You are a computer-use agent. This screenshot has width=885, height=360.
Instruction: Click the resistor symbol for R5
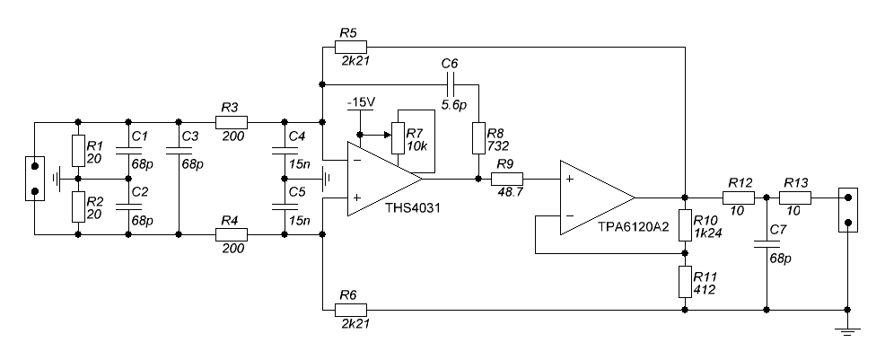[x=351, y=47]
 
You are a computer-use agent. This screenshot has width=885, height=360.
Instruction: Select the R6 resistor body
[x=351, y=310]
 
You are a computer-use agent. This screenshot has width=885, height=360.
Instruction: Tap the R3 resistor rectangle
[x=232, y=122]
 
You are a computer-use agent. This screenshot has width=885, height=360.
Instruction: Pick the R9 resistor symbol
[x=507, y=179]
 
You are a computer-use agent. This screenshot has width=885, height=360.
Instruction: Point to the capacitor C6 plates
[x=450, y=84]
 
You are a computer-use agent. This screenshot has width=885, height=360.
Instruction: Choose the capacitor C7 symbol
[x=767, y=244]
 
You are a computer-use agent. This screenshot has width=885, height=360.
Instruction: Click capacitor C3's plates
[x=179, y=150]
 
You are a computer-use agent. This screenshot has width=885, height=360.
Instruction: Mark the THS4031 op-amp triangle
[x=384, y=179]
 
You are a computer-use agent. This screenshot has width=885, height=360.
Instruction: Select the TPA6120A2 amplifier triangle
[x=597, y=198]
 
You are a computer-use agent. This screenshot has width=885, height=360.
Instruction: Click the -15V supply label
[x=361, y=102]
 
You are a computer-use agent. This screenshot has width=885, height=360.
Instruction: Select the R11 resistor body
[x=685, y=282]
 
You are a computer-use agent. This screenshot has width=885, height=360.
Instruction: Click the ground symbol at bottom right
[x=847, y=330]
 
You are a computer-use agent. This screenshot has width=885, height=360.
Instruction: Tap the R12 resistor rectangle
[x=739, y=198]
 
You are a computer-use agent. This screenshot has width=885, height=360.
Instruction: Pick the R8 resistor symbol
[x=478, y=137]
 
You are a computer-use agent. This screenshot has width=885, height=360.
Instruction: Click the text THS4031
[x=413, y=207]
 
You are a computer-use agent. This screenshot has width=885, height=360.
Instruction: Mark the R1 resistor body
[x=78, y=151]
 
